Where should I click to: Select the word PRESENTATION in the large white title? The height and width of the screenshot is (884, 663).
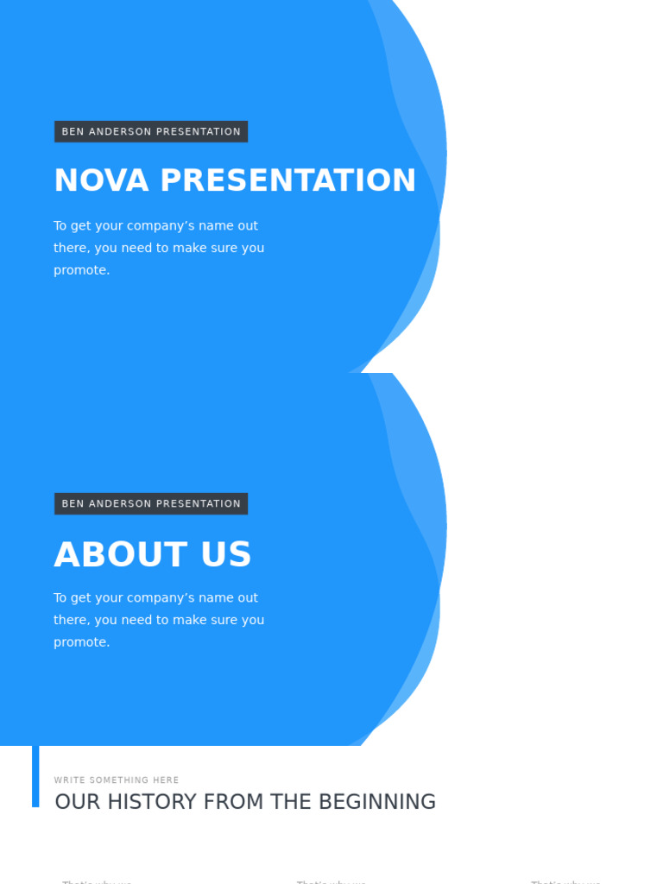(x=288, y=180)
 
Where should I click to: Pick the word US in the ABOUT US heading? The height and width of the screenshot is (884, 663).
(x=226, y=555)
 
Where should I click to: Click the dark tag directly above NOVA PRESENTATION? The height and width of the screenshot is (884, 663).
(x=151, y=131)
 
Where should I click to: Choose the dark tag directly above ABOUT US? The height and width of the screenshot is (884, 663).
(x=151, y=503)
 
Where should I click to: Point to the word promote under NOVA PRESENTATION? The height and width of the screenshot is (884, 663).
(x=81, y=270)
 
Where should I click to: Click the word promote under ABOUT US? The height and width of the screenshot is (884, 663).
(x=81, y=642)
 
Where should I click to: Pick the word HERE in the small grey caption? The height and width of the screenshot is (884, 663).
(x=166, y=780)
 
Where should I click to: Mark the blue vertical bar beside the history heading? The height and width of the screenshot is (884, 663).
(x=35, y=776)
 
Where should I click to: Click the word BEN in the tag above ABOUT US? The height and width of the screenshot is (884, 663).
(x=73, y=503)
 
